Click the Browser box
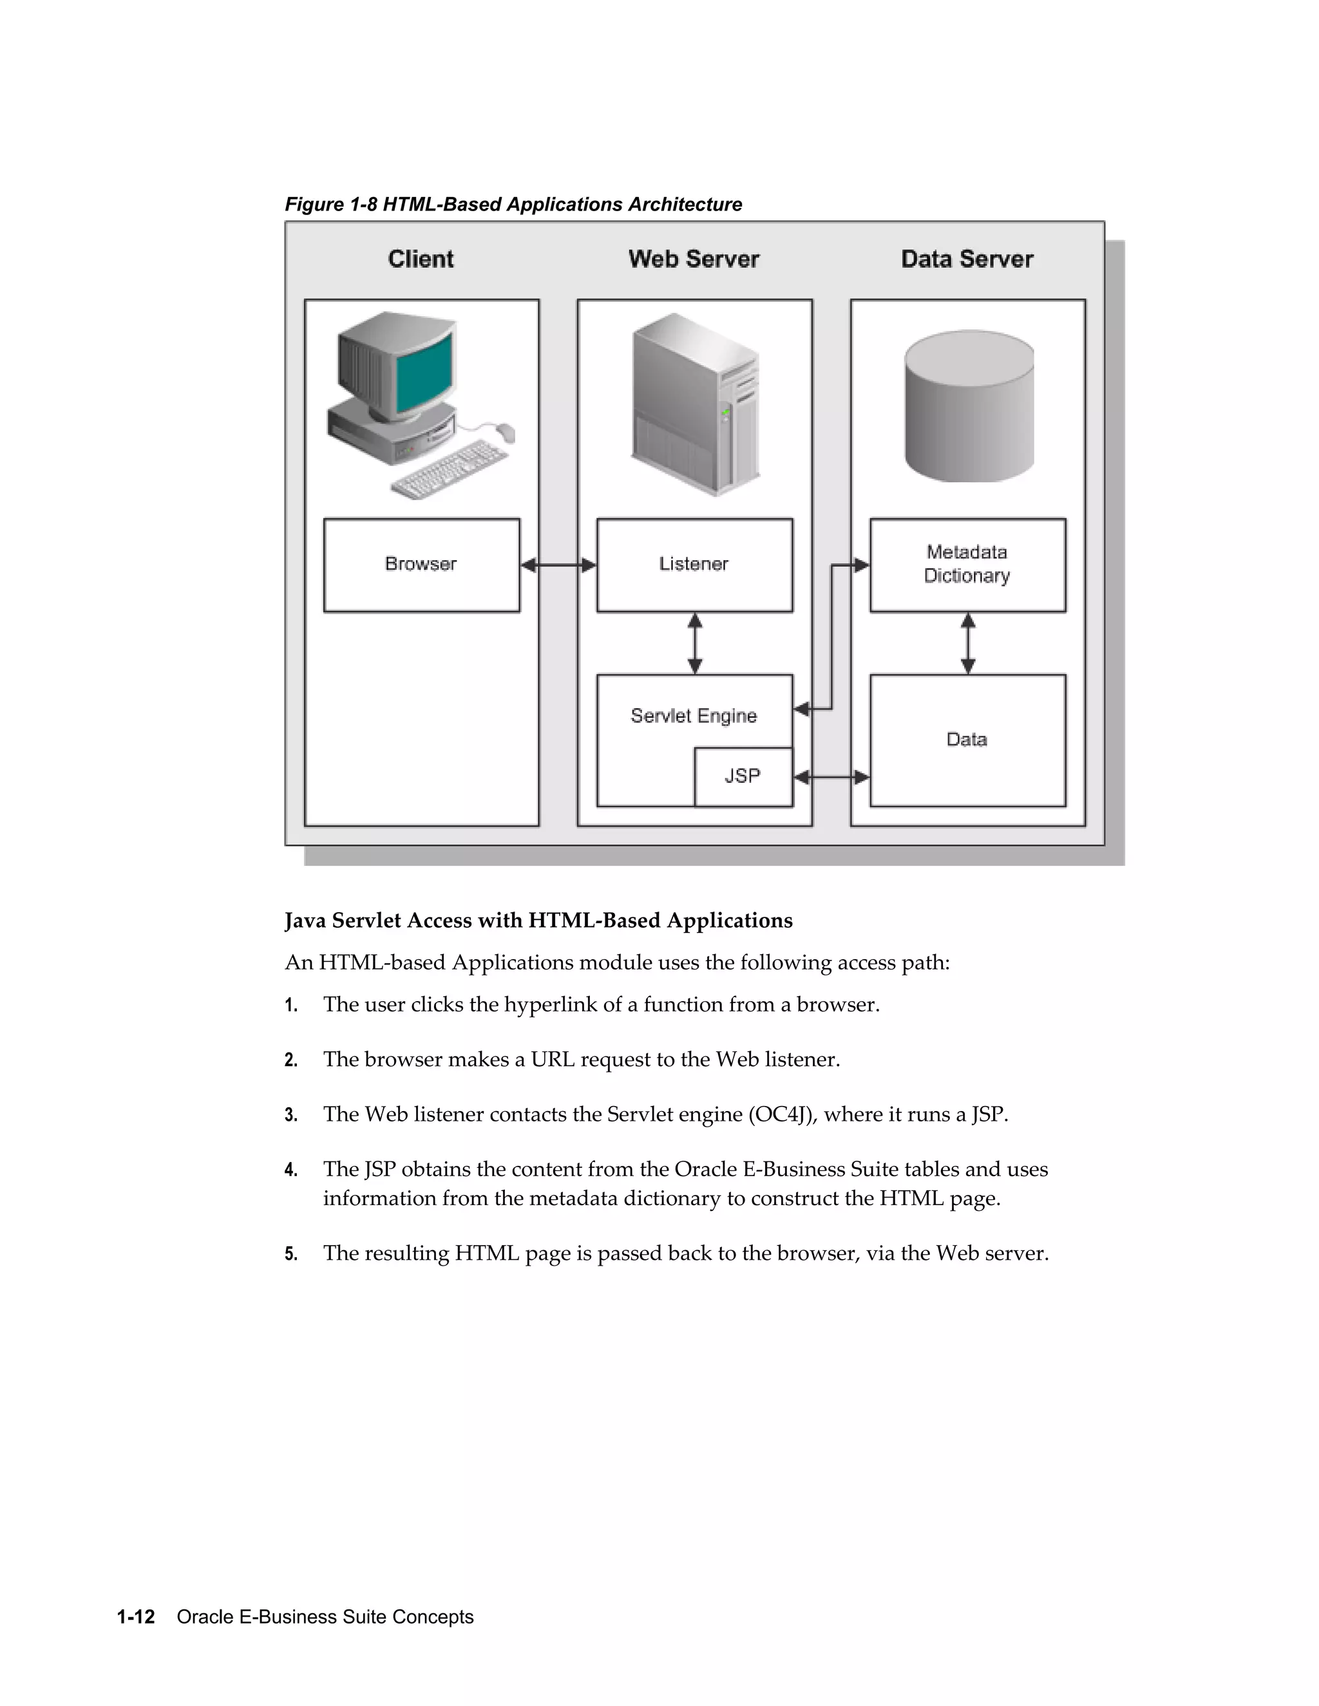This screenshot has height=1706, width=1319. (421, 565)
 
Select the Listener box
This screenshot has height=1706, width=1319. (694, 565)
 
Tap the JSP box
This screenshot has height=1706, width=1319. (743, 776)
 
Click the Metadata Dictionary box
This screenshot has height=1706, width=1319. (967, 565)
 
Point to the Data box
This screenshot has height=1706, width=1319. (967, 740)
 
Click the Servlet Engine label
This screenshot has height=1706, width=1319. (694, 715)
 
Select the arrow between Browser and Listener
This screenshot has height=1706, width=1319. (558, 565)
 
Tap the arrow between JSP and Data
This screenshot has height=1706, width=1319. (831, 777)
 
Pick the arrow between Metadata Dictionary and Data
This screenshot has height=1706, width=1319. (967, 643)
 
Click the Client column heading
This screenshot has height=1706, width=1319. (421, 259)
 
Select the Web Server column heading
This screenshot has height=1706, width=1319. (694, 259)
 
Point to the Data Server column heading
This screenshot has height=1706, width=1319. (967, 259)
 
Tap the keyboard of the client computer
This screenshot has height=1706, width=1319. (450, 469)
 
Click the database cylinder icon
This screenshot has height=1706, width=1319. (969, 406)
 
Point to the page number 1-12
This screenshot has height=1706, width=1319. (136, 1616)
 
